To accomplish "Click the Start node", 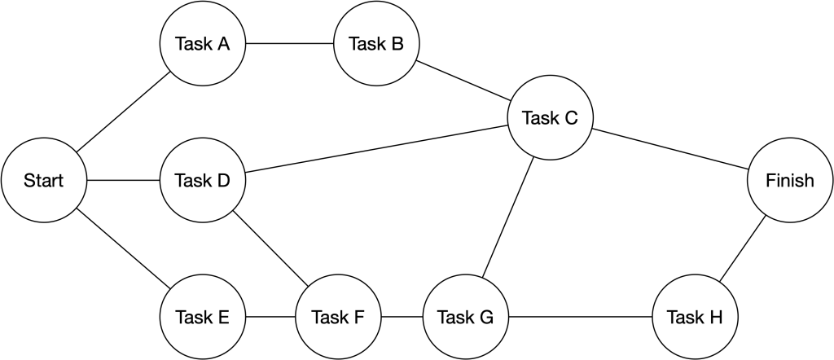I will click(x=44, y=181).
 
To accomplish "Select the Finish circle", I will click(x=790, y=181).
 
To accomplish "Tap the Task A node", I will click(x=203, y=44).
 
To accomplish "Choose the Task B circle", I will click(x=376, y=44).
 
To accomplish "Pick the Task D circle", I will click(x=203, y=181).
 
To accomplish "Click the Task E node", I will click(x=203, y=317).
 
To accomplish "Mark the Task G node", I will click(x=466, y=317).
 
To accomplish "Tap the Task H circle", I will click(x=695, y=317).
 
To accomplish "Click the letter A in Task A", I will click(x=222, y=44).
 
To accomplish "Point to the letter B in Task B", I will click(x=397, y=44).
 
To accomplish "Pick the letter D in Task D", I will click(x=223, y=181).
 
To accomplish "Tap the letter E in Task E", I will click(x=223, y=317).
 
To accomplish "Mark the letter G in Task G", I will click(x=486, y=317).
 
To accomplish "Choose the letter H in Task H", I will click(x=715, y=317).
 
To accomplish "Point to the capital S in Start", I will click(x=29, y=181).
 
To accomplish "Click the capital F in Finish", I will click(x=771, y=181).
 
